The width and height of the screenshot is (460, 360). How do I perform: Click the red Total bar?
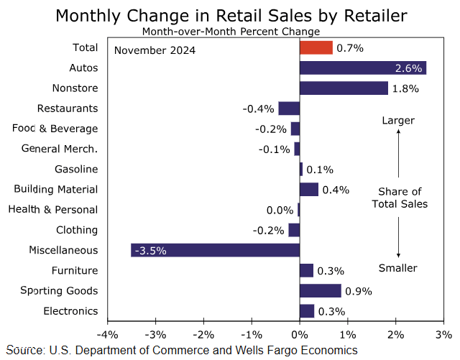click(x=316, y=47)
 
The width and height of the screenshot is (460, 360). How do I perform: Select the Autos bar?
click(x=363, y=68)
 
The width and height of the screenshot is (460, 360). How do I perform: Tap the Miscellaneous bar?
click(x=215, y=250)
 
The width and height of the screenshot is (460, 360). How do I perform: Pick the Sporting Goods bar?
click(x=321, y=291)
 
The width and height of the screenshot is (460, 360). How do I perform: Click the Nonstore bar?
click(x=344, y=88)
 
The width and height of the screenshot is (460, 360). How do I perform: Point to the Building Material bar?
click(x=309, y=190)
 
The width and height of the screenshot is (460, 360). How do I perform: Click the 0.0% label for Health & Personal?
click(x=280, y=210)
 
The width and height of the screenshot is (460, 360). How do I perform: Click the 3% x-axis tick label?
click(x=444, y=336)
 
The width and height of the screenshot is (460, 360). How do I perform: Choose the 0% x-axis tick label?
click(x=300, y=336)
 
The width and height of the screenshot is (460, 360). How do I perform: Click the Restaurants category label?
click(x=67, y=109)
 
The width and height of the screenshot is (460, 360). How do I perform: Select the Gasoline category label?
click(x=76, y=170)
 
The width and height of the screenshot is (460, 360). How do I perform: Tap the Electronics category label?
click(x=70, y=311)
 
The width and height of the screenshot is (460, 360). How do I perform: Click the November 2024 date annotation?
click(x=155, y=50)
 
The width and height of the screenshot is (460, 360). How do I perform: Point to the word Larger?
click(x=398, y=120)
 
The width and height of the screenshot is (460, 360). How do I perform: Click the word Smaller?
click(x=398, y=268)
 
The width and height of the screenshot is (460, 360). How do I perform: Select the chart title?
click(x=231, y=15)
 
